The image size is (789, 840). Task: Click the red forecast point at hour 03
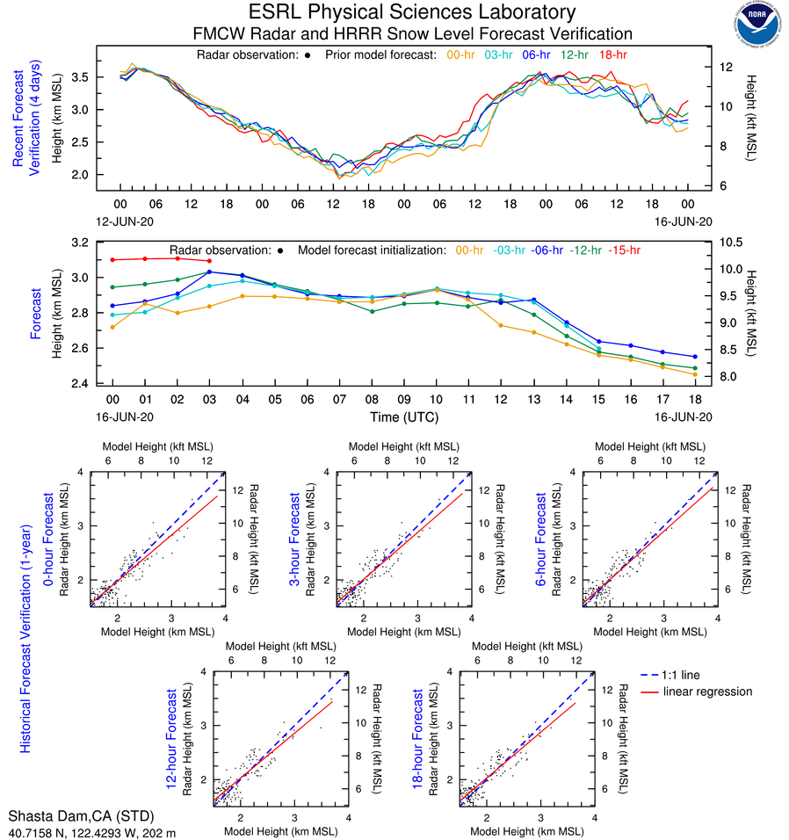coord(209,261)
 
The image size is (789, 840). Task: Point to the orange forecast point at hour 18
coord(694,374)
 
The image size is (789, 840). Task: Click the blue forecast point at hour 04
coord(242,275)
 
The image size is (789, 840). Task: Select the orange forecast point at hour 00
coord(112,327)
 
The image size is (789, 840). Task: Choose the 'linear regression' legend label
coord(707,692)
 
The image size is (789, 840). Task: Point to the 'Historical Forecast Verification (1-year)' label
coord(25,615)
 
